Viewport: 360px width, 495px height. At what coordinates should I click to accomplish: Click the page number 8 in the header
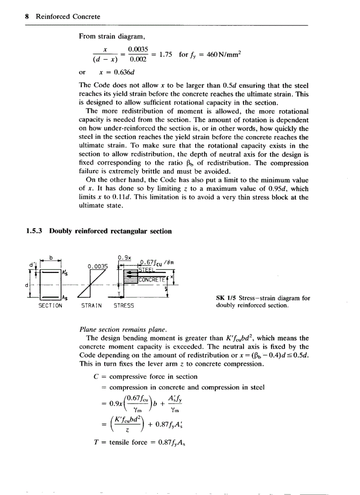click(27, 17)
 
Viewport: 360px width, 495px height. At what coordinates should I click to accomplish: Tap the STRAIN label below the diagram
click(91, 305)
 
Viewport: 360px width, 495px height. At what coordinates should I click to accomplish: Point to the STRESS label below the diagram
click(124, 305)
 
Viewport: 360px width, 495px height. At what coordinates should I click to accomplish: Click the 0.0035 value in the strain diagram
click(98, 266)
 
